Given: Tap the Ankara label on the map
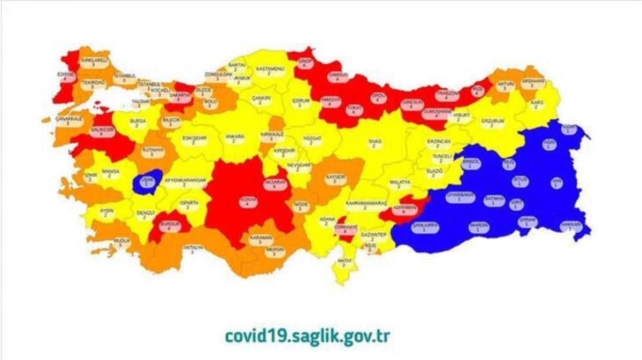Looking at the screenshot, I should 231,139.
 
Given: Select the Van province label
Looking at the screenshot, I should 557,182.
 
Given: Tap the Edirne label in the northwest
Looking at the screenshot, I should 68,77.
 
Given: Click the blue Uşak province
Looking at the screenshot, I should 147,182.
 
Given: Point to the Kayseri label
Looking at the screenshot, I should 334,179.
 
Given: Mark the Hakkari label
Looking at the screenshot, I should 570,227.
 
